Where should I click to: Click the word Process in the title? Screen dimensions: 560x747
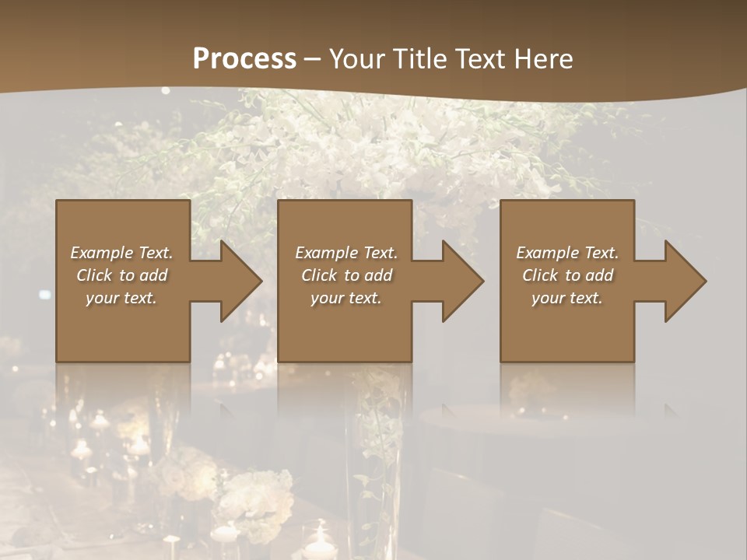244,59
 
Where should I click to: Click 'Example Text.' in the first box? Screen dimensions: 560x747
121,253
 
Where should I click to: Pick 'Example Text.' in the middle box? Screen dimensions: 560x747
346,253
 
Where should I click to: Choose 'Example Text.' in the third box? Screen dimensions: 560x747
567,253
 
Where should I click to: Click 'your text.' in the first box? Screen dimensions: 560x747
121,298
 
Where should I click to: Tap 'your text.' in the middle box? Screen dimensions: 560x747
346,298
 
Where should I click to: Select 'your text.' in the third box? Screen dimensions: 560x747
567,298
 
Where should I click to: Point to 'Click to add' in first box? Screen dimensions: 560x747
121,275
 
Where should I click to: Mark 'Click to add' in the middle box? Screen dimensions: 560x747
346,275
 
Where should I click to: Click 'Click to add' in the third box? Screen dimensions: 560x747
567,275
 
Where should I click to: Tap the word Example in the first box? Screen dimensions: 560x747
101,253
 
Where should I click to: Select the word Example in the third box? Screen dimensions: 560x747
547,253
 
